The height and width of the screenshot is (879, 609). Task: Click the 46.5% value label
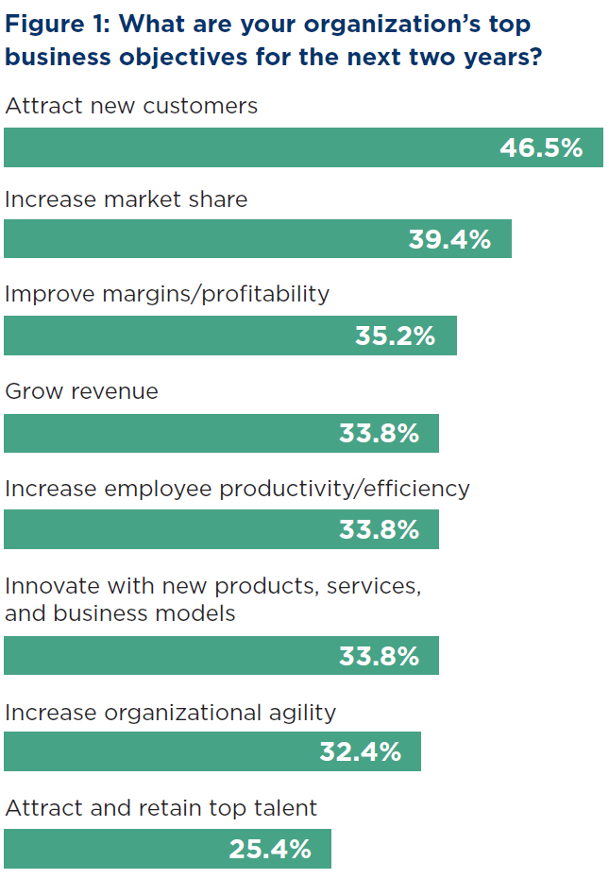pos(540,147)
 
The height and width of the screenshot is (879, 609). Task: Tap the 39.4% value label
pos(449,239)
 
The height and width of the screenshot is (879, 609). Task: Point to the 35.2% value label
pos(395,336)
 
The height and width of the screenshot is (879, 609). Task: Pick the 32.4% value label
pos(360,751)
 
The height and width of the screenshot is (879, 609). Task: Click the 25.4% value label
pos(270,849)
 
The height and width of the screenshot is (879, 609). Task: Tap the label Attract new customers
pos(131,105)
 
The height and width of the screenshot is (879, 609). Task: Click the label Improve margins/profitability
pos(167,294)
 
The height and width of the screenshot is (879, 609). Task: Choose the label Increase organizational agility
pos(170,712)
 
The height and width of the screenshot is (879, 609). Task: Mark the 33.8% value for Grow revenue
pos(379,433)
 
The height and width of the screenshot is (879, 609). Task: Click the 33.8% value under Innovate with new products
pos(379,656)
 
